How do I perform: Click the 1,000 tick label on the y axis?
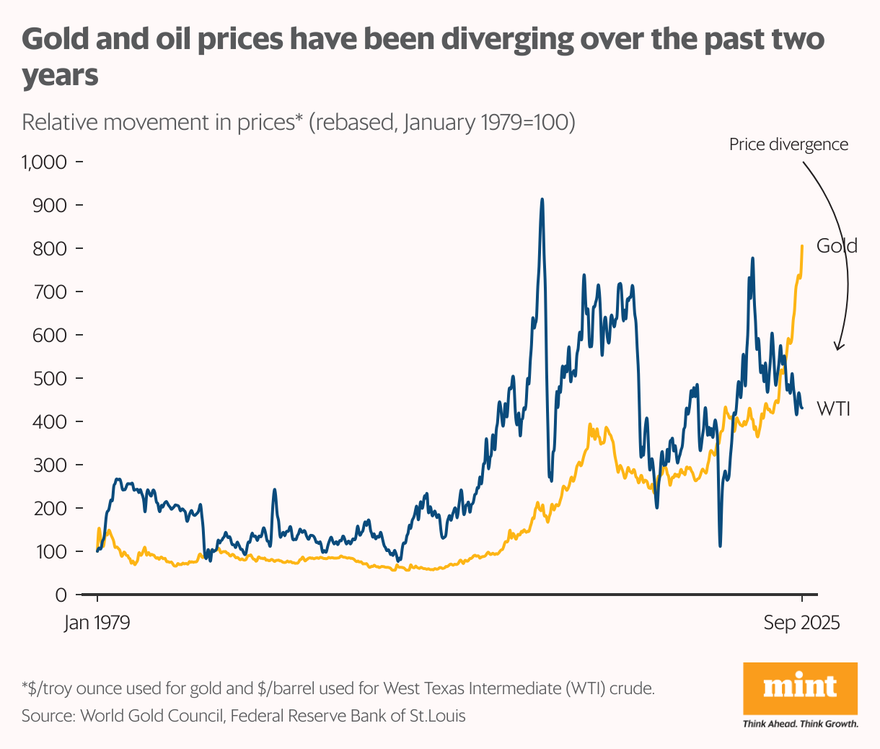pyautogui.click(x=45, y=162)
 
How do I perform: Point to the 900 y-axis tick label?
pyautogui.click(x=50, y=205)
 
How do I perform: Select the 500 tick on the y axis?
pyautogui.click(x=50, y=378)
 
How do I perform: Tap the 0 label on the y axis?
pyautogui.click(x=61, y=595)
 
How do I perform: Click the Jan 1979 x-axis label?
pyautogui.click(x=97, y=623)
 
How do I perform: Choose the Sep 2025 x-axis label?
pyautogui.click(x=801, y=623)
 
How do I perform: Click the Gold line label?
pyautogui.click(x=837, y=246)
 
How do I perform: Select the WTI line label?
pyautogui.click(x=833, y=409)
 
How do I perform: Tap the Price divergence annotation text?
pyautogui.click(x=788, y=144)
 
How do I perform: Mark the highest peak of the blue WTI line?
pyautogui.click(x=542, y=200)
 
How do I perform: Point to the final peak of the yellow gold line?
pyautogui.click(x=802, y=247)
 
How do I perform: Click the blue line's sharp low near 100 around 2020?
pyautogui.click(x=720, y=545)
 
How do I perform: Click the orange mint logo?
pyautogui.click(x=800, y=688)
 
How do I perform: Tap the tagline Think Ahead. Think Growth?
pyautogui.click(x=800, y=724)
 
